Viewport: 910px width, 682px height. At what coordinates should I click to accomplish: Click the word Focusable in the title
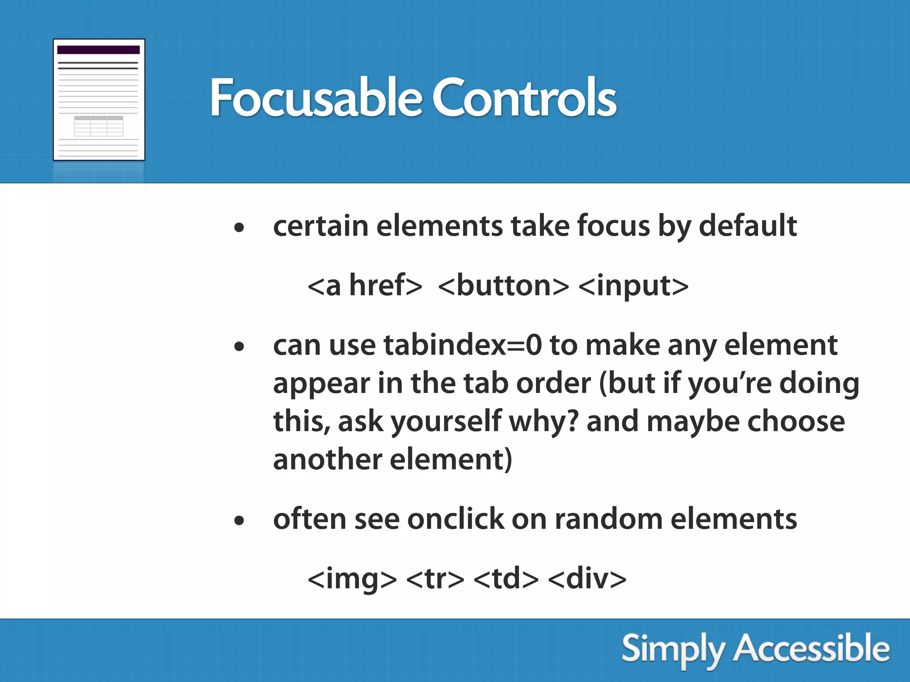tap(315, 98)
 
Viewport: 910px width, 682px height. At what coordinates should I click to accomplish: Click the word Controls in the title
tap(524, 98)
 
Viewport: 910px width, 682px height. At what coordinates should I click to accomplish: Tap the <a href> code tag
tap(364, 285)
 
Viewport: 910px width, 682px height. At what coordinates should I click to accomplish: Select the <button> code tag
tap(503, 285)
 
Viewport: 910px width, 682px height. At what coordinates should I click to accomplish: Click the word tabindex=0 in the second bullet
tap(463, 345)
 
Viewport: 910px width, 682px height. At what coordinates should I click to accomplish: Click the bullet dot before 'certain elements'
tap(239, 228)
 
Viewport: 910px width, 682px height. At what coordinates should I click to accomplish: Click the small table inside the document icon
tap(99, 126)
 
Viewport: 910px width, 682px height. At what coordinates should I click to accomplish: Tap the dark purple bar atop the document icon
tap(99, 50)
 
